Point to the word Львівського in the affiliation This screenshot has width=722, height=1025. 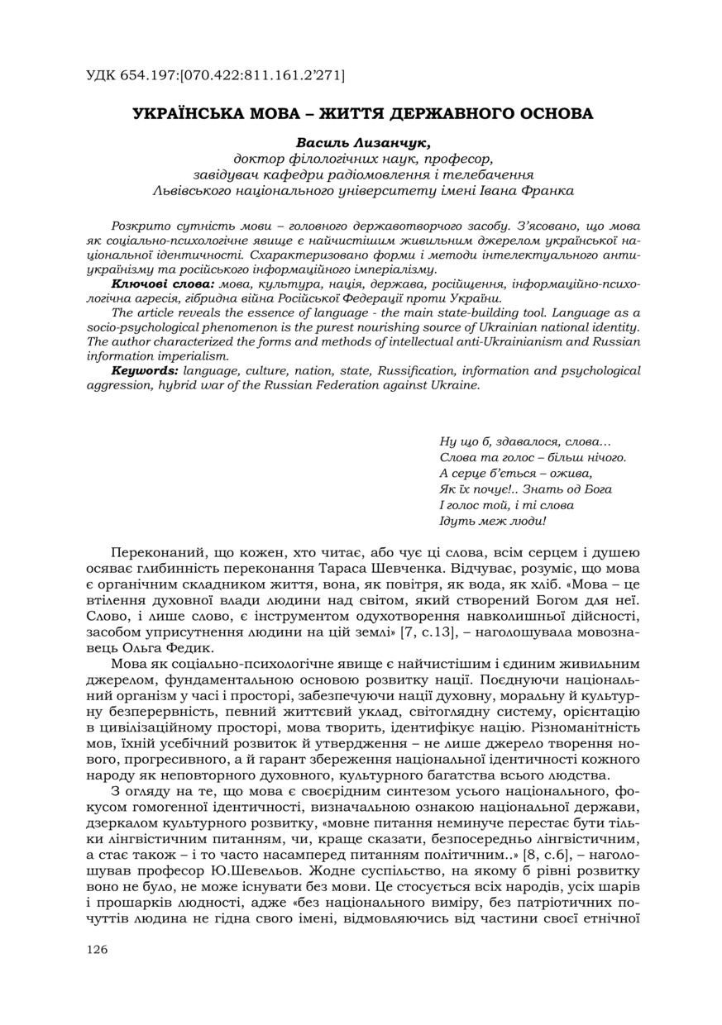coord(193,189)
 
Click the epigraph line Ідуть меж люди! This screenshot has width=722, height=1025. coord(492,520)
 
